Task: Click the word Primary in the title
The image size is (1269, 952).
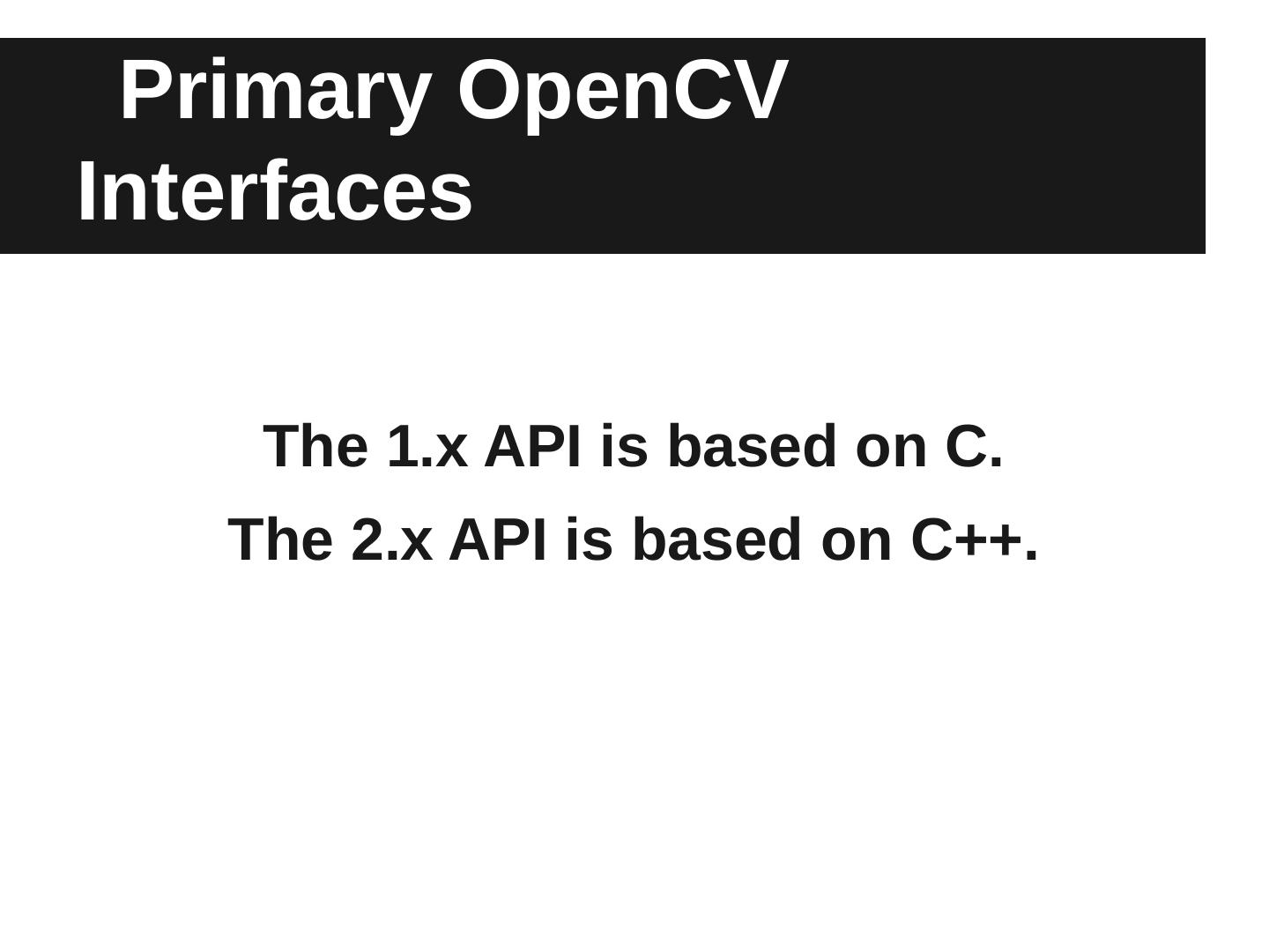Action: tap(276, 95)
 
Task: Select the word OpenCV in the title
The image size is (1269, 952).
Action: tap(623, 95)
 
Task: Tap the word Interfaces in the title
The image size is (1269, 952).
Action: tap(275, 190)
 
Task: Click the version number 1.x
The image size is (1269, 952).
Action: tap(427, 446)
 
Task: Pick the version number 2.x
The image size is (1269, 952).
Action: tap(392, 540)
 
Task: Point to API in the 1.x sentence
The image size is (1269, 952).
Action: tap(532, 446)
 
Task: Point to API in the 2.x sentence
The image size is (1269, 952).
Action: tap(497, 540)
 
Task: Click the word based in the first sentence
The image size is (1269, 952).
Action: tap(752, 446)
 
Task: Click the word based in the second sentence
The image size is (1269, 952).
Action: tap(716, 539)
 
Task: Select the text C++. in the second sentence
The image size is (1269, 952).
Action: tap(975, 540)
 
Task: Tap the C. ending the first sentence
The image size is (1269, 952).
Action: tap(974, 446)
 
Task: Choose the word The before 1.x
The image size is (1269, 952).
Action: tap(315, 446)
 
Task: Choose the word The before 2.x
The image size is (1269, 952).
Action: tap(281, 539)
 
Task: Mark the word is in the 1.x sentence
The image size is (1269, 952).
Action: tap(624, 446)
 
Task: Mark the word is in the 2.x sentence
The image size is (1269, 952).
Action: tap(590, 539)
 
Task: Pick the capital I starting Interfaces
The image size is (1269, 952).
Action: tap(86, 190)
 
